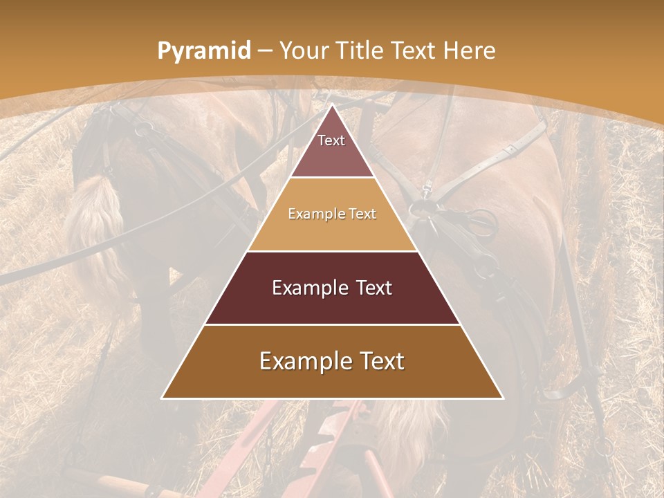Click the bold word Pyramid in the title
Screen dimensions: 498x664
click(203, 50)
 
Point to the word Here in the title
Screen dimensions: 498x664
click(470, 50)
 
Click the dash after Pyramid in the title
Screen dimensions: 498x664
click(264, 51)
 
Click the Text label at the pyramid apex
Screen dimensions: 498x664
click(331, 140)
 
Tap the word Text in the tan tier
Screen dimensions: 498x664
click(362, 214)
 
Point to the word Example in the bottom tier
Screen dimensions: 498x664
click(301, 361)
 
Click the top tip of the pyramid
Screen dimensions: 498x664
click(332, 105)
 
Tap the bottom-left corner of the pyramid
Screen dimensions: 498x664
click(162, 398)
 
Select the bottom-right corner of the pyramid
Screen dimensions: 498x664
click(503, 398)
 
